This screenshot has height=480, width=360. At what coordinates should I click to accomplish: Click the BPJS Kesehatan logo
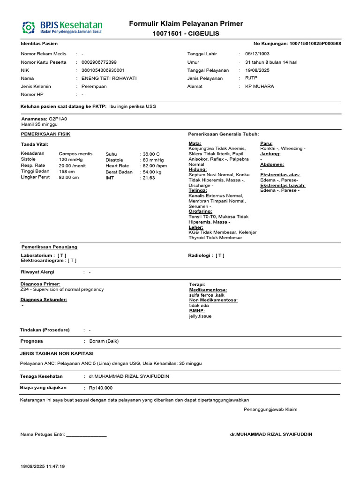(62, 27)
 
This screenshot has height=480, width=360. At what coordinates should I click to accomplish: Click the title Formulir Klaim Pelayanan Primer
(186, 24)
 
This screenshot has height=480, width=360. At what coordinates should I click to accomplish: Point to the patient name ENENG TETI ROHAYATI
(109, 78)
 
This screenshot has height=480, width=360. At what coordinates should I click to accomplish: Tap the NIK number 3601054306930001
(103, 70)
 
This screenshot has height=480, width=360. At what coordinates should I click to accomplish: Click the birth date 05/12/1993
(258, 54)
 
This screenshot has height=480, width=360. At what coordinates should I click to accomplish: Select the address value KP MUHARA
(260, 87)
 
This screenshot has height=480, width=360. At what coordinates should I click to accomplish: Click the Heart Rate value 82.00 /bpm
(155, 166)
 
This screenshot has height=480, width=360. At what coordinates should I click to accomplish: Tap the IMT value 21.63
(149, 178)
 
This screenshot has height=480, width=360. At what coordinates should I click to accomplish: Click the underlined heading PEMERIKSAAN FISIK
(46, 134)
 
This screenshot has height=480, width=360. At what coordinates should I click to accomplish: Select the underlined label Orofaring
(200, 211)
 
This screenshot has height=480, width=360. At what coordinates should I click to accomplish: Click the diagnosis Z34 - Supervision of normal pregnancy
(62, 290)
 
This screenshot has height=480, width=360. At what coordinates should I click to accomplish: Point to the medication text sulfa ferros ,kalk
(207, 295)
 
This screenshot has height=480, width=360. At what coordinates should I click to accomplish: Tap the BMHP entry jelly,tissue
(200, 316)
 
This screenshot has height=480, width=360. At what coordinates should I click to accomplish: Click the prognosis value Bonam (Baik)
(104, 341)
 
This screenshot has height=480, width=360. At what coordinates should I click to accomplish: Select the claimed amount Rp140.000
(100, 388)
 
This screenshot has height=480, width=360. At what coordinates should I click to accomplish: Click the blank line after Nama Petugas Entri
(87, 435)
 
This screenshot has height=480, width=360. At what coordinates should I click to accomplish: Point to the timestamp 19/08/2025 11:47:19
(43, 467)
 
